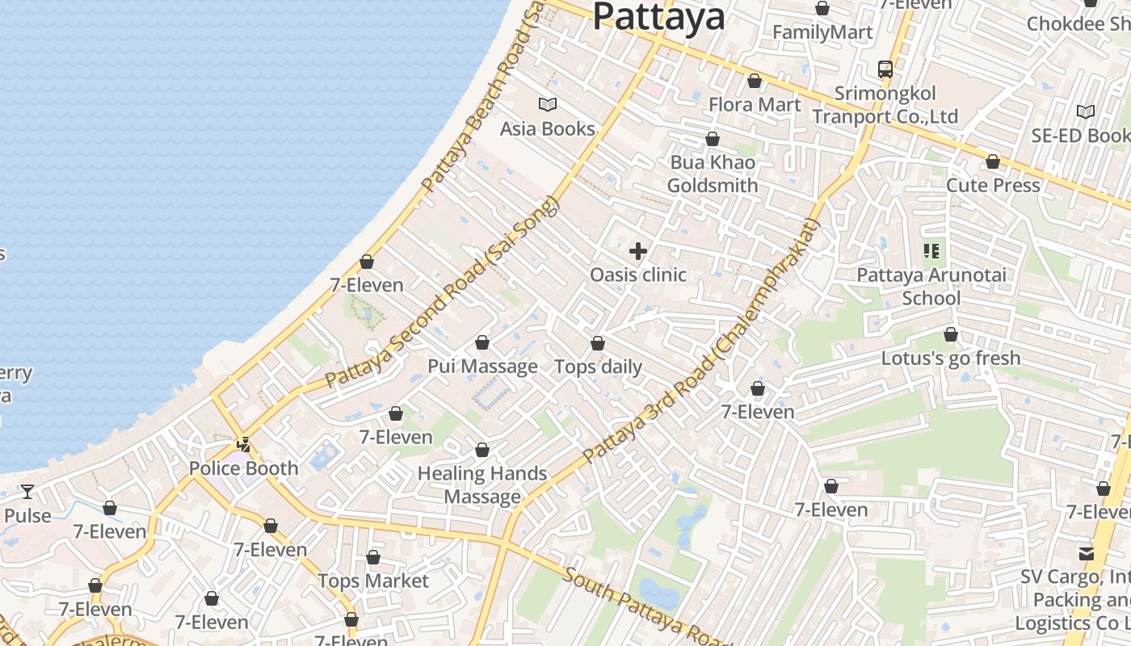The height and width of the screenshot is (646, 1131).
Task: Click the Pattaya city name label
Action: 658,16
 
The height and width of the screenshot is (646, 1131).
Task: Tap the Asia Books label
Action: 547,128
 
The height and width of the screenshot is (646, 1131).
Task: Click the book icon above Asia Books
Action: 548,104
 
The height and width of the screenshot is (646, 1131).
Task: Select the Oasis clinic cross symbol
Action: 638,251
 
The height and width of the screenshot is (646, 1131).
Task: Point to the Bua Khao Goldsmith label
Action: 712,174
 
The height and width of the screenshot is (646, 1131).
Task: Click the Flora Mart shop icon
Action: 755,81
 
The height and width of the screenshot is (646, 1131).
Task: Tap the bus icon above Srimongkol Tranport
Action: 885,69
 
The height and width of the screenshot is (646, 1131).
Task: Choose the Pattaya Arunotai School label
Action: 931,286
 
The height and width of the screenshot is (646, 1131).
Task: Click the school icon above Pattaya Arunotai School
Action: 931,251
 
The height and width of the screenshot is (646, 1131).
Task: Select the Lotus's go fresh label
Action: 951,358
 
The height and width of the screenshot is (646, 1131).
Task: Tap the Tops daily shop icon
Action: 598,343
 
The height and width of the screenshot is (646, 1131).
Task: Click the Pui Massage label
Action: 482,366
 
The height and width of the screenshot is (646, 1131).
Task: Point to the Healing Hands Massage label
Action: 482,484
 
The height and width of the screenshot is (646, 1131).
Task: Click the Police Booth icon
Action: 243,444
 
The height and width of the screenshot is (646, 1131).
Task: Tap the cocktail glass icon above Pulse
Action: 27,491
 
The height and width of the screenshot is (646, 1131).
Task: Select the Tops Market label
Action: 373,581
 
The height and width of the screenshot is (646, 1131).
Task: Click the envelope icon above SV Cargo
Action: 1087,554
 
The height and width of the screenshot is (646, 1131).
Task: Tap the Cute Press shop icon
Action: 993,161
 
